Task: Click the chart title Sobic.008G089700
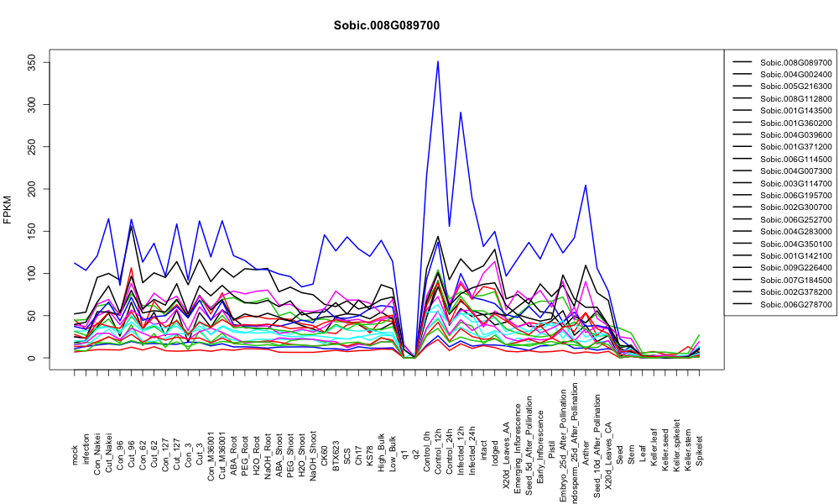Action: pyautogui.click(x=386, y=25)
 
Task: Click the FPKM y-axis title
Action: pyautogui.click(x=7, y=209)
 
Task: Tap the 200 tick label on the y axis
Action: pyautogui.click(x=34, y=189)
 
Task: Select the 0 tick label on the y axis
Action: pyautogui.click(x=34, y=358)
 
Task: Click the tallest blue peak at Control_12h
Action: pyautogui.click(x=438, y=61)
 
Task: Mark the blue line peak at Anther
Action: pyautogui.click(x=586, y=186)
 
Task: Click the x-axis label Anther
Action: pyautogui.click(x=586, y=452)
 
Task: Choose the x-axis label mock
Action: pyautogui.click(x=75, y=454)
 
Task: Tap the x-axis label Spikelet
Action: pyautogui.click(x=700, y=450)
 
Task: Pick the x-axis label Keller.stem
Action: pyautogui.click(x=688, y=446)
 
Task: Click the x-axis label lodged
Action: pyautogui.click(x=495, y=452)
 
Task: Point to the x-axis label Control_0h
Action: pyautogui.click(x=426, y=445)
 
